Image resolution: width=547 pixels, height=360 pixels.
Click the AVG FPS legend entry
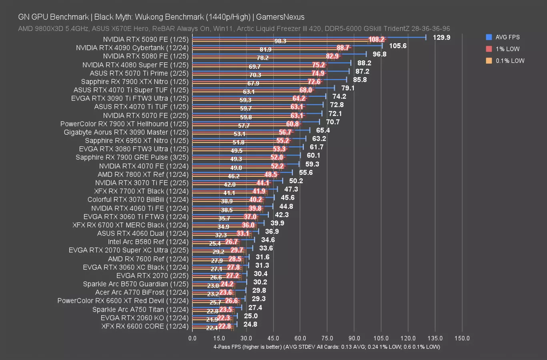point(507,37)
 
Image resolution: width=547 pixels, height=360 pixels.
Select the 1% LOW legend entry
point(507,49)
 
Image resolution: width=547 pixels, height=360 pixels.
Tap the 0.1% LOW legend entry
point(509,61)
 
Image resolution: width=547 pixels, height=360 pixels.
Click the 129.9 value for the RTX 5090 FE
point(442,37)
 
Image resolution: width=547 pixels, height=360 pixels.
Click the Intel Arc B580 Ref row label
point(148,242)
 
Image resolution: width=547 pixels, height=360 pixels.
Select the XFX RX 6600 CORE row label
point(145,326)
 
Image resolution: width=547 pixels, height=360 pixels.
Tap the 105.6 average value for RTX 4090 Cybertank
point(398,46)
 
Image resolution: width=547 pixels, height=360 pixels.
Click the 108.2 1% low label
point(377,39)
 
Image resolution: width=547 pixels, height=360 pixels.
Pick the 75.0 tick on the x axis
point(327,338)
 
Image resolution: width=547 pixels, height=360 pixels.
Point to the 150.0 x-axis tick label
point(462,338)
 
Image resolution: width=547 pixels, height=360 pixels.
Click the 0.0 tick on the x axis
point(192,338)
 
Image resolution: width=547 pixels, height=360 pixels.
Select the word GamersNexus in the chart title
point(280,17)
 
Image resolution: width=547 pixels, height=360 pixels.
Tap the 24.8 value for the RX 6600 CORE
point(250,324)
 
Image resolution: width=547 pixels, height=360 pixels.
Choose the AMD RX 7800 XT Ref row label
point(143,174)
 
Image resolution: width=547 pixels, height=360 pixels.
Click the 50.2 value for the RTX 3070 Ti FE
point(296,181)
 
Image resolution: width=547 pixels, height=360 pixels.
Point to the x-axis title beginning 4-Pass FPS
point(327,347)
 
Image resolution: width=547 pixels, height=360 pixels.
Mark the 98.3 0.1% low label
point(280,41)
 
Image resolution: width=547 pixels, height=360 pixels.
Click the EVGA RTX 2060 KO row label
point(144,318)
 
